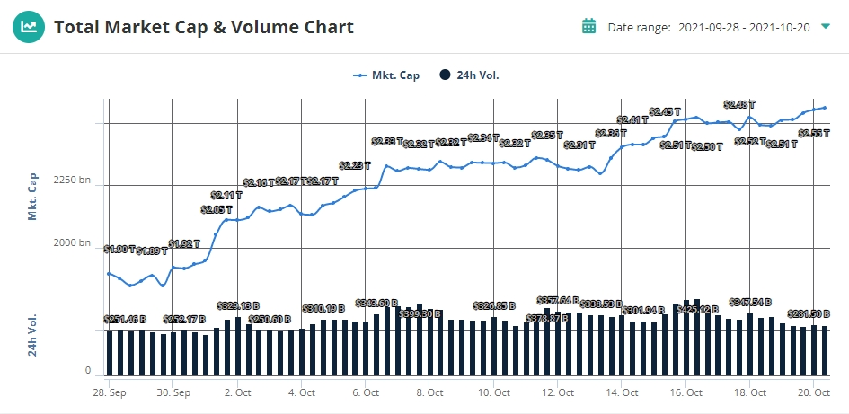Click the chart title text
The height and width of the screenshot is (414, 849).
204,27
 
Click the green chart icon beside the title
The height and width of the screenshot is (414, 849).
30,27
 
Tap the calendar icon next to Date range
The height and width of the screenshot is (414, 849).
589,26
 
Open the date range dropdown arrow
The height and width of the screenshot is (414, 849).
825,27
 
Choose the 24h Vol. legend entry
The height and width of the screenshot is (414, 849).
469,75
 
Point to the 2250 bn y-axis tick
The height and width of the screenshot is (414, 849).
73,181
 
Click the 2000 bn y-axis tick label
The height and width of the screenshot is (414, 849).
73,243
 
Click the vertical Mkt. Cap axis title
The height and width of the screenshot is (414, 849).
33,198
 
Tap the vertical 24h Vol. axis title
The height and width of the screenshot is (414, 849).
33,335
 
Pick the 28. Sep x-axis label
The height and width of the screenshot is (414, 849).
111,392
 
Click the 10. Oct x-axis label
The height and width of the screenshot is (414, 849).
495,392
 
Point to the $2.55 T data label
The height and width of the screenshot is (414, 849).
814,133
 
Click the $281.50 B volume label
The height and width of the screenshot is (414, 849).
808,313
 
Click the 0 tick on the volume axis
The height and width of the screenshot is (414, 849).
88,370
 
